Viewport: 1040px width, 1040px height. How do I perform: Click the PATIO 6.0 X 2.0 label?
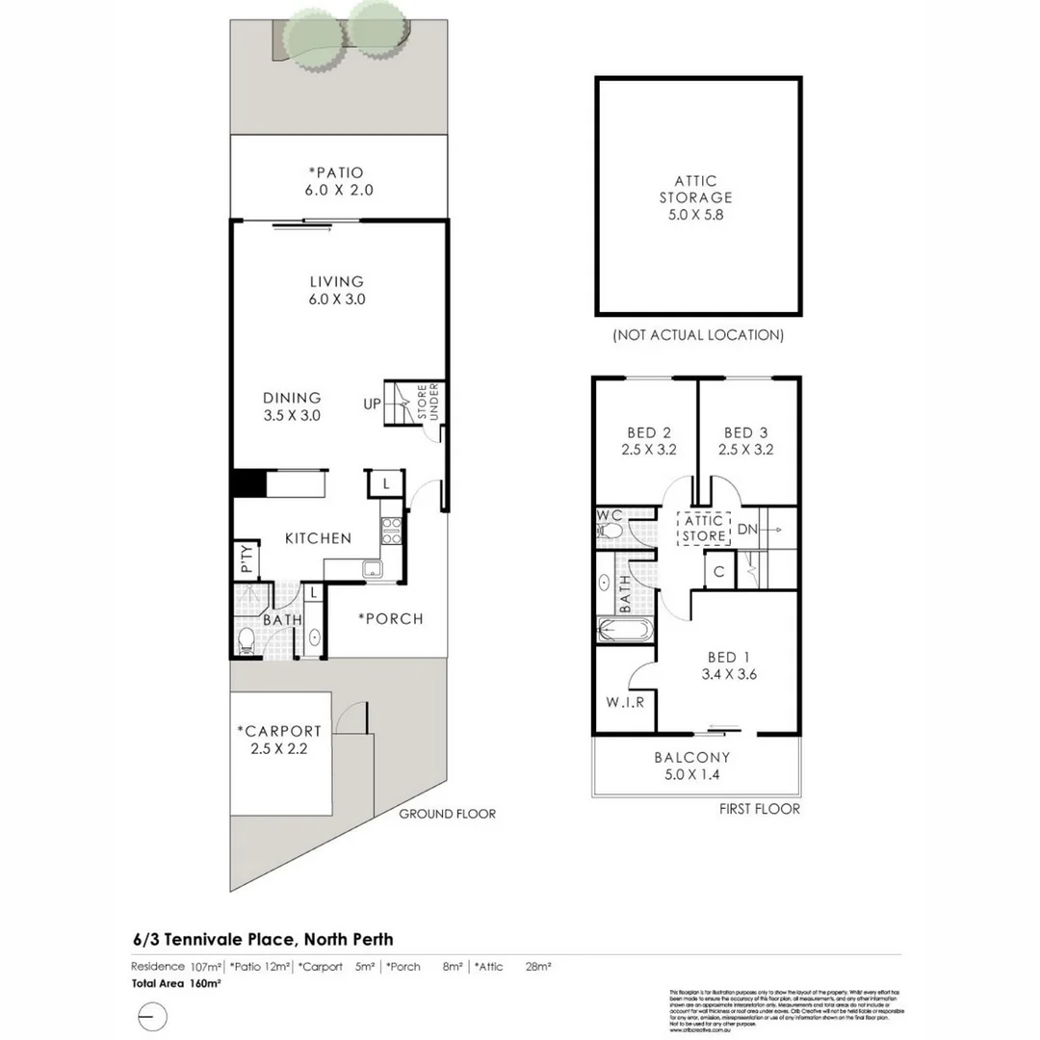336,181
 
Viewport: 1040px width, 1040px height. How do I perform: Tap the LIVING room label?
336,290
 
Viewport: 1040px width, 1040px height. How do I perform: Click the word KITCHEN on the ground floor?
318,538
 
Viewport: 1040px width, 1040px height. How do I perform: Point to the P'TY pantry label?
246,559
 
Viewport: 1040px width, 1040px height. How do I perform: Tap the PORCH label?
390,618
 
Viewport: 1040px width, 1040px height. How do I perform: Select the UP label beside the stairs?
372,403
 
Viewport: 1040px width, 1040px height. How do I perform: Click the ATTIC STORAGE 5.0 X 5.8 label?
695,197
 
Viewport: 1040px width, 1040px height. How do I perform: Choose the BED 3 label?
746,440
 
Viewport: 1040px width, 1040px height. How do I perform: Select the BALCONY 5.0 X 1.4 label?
691,766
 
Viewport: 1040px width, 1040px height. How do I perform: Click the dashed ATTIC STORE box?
703,529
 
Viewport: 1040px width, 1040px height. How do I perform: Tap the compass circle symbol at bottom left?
152,1017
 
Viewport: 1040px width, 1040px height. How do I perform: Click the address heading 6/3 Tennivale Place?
263,939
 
